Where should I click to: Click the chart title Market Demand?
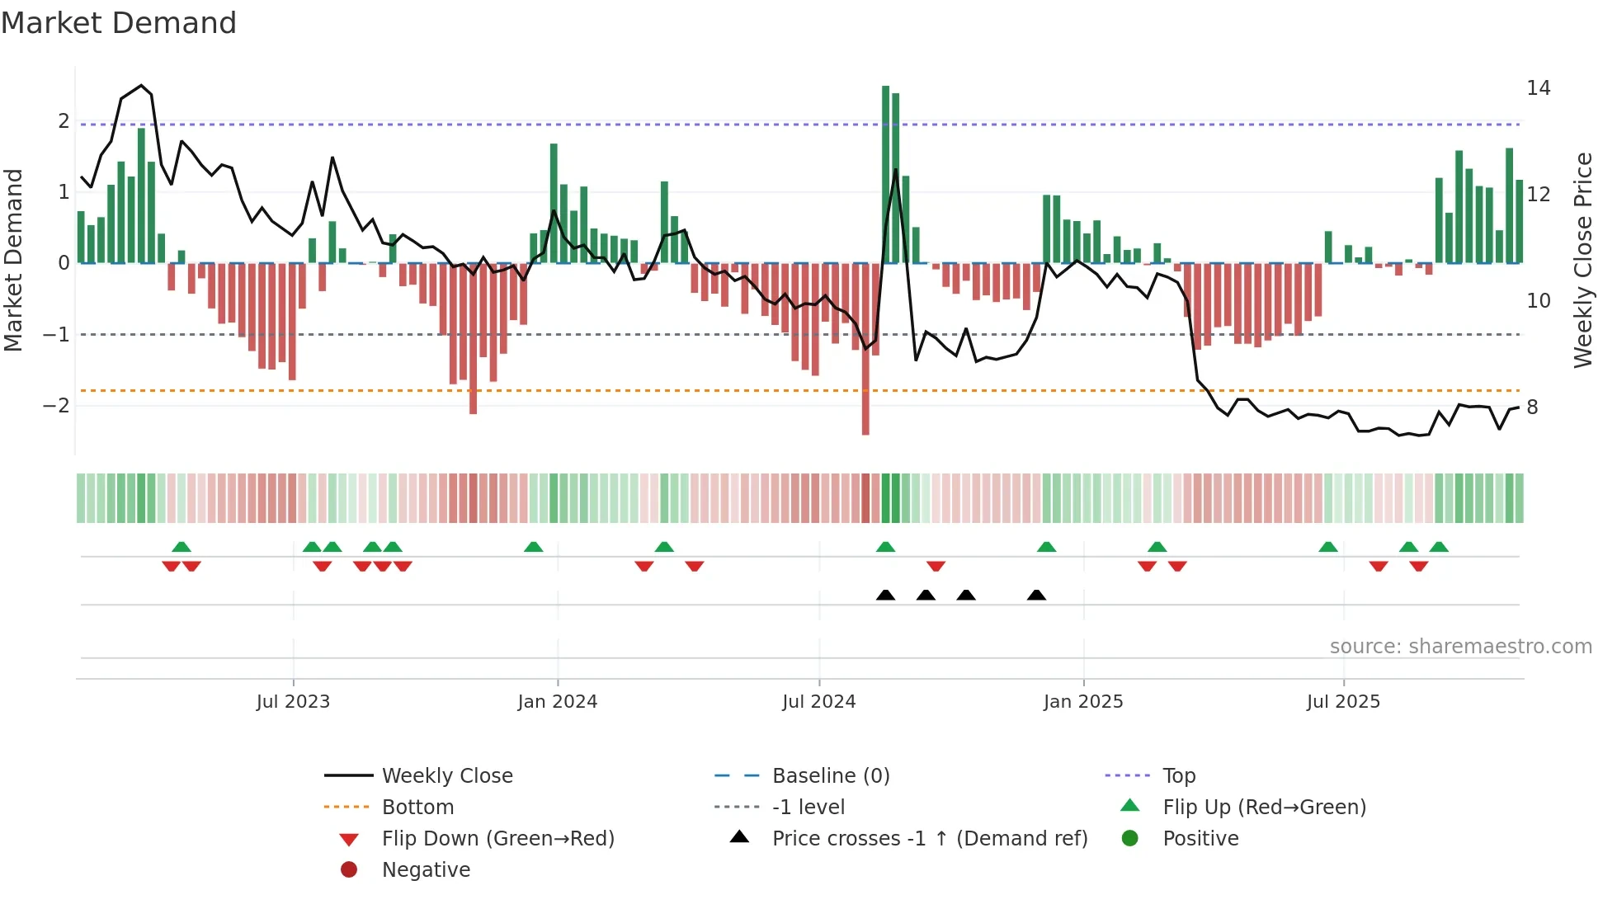(x=119, y=23)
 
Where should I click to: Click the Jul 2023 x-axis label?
(x=293, y=702)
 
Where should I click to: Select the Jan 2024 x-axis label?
(x=558, y=702)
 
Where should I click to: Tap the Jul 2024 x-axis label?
(x=819, y=702)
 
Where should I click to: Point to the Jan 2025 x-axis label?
(x=1083, y=702)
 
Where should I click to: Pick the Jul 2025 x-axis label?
(x=1343, y=702)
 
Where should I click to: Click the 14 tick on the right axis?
(x=1539, y=88)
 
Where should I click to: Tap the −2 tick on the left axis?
(x=56, y=406)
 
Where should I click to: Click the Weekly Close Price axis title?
(x=1582, y=260)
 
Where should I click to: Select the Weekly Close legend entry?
(x=446, y=776)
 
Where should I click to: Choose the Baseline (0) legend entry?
(x=830, y=776)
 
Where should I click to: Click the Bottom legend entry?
(x=417, y=808)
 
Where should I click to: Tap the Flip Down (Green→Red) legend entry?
(x=497, y=839)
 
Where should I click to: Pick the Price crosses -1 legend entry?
(x=929, y=839)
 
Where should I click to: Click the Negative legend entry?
(x=426, y=870)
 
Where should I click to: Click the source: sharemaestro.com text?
(x=1460, y=647)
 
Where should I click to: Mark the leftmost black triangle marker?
(x=885, y=595)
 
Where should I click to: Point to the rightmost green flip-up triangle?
(x=1439, y=547)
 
